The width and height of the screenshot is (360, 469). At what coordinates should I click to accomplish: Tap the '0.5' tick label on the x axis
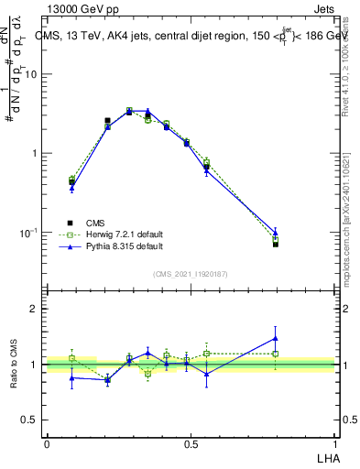[191, 444]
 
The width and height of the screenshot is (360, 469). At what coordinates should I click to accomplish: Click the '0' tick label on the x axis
[47, 444]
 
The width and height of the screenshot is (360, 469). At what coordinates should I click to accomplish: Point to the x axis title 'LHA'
[325, 455]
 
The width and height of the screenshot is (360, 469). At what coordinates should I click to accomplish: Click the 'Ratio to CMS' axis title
[14, 365]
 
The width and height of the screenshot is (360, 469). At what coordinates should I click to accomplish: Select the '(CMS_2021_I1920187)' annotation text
[191, 274]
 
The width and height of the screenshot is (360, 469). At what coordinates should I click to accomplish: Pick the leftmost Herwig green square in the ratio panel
[71, 358]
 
